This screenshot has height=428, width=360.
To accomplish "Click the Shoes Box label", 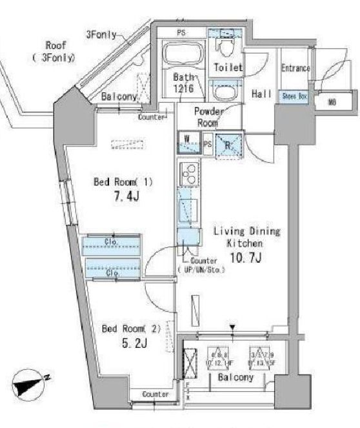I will coord(294,96).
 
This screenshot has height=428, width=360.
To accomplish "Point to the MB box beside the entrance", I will coord(332,101).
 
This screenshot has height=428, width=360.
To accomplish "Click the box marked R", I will coord(229,145).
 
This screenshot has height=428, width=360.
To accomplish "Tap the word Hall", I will coord(261,94).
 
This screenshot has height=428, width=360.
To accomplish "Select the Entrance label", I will coord(295,68).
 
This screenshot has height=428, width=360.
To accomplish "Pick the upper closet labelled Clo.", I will coord(111,244).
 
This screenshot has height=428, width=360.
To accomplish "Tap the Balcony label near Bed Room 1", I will coord(119,97).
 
